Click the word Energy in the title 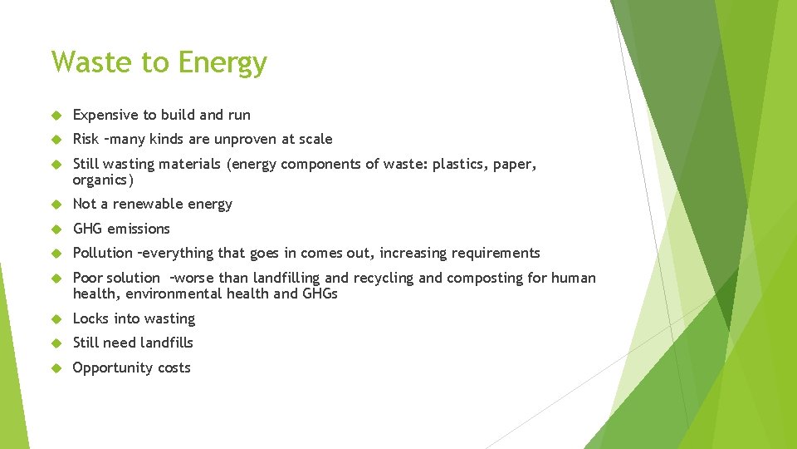[222, 63]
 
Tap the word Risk [86, 139]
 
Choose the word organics [102, 180]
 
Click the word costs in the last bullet [172, 368]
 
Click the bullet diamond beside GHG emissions [56, 229]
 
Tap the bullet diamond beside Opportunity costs [56, 368]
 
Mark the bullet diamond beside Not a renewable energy [56, 205]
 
